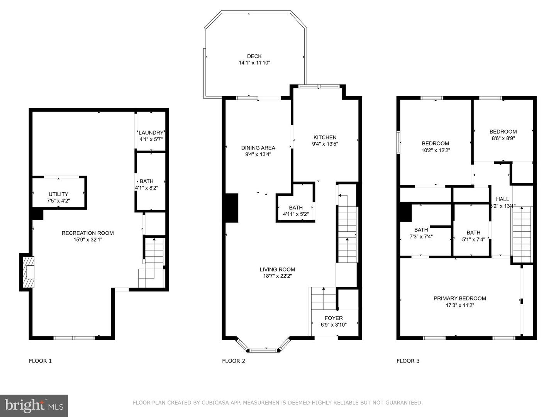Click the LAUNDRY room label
[x=151, y=133]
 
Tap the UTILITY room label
[x=58, y=194]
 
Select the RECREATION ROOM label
[x=88, y=233]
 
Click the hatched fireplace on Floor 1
[x=28, y=272]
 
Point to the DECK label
[x=254, y=56]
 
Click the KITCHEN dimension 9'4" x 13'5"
[x=325, y=144]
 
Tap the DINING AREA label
[x=258, y=148]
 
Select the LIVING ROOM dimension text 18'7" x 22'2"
[x=277, y=276]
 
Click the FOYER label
[x=334, y=318]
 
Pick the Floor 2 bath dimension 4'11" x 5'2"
[x=296, y=214]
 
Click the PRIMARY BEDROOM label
[x=460, y=298]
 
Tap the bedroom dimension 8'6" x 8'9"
[x=503, y=138]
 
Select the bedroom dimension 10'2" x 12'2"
[x=436, y=150]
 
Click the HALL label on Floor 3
[x=503, y=199]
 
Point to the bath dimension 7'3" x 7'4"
[x=421, y=236]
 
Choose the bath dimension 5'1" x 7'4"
[x=473, y=239]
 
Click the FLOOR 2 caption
[x=234, y=361]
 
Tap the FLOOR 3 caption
[x=408, y=361]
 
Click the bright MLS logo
[x=34, y=405]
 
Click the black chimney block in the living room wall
[x=232, y=208]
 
